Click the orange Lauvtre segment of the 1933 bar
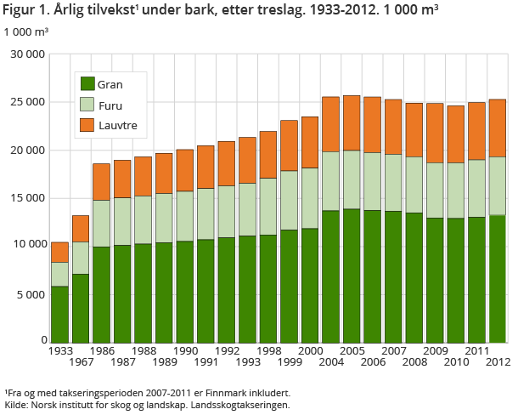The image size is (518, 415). pyautogui.click(x=59, y=252)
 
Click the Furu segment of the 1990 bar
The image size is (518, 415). pyautogui.click(x=184, y=216)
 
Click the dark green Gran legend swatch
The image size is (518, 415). pyautogui.click(x=87, y=83)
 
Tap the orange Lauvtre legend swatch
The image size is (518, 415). pyautogui.click(x=87, y=127)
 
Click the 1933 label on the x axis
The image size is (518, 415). pyautogui.click(x=59, y=350)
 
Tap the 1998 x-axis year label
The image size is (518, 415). pyautogui.click(x=267, y=350)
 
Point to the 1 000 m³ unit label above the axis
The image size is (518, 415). pyautogui.click(x=25, y=32)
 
